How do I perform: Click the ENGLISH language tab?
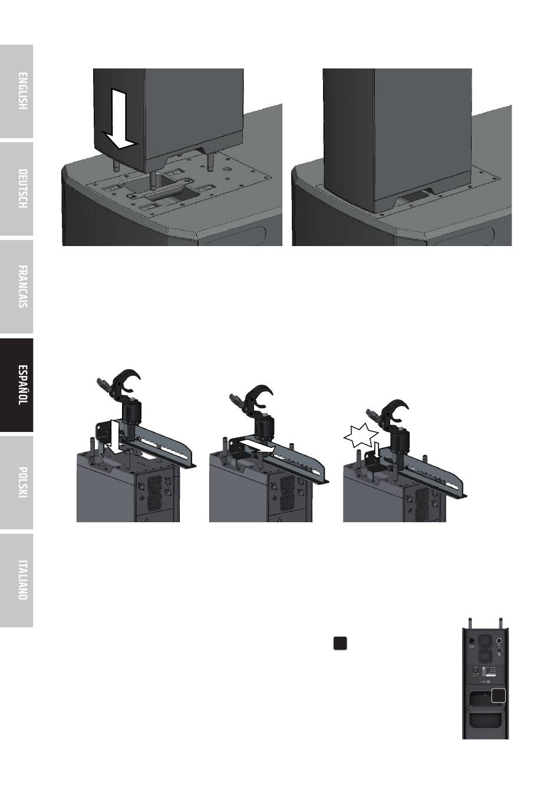pyautogui.click(x=17, y=91)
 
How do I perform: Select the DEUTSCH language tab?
pyautogui.click(x=17, y=189)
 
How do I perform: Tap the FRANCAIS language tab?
pyautogui.click(x=17, y=287)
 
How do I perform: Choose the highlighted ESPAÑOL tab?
pyautogui.click(x=17, y=385)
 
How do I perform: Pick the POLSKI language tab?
pyautogui.click(x=17, y=483)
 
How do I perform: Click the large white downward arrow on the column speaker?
pyautogui.click(x=118, y=119)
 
